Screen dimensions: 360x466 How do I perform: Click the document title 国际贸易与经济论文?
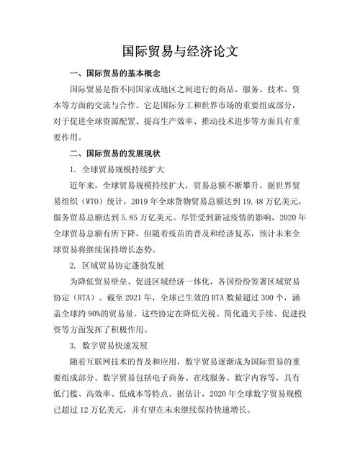181,52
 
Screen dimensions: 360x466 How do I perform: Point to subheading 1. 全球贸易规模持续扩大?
117,171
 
